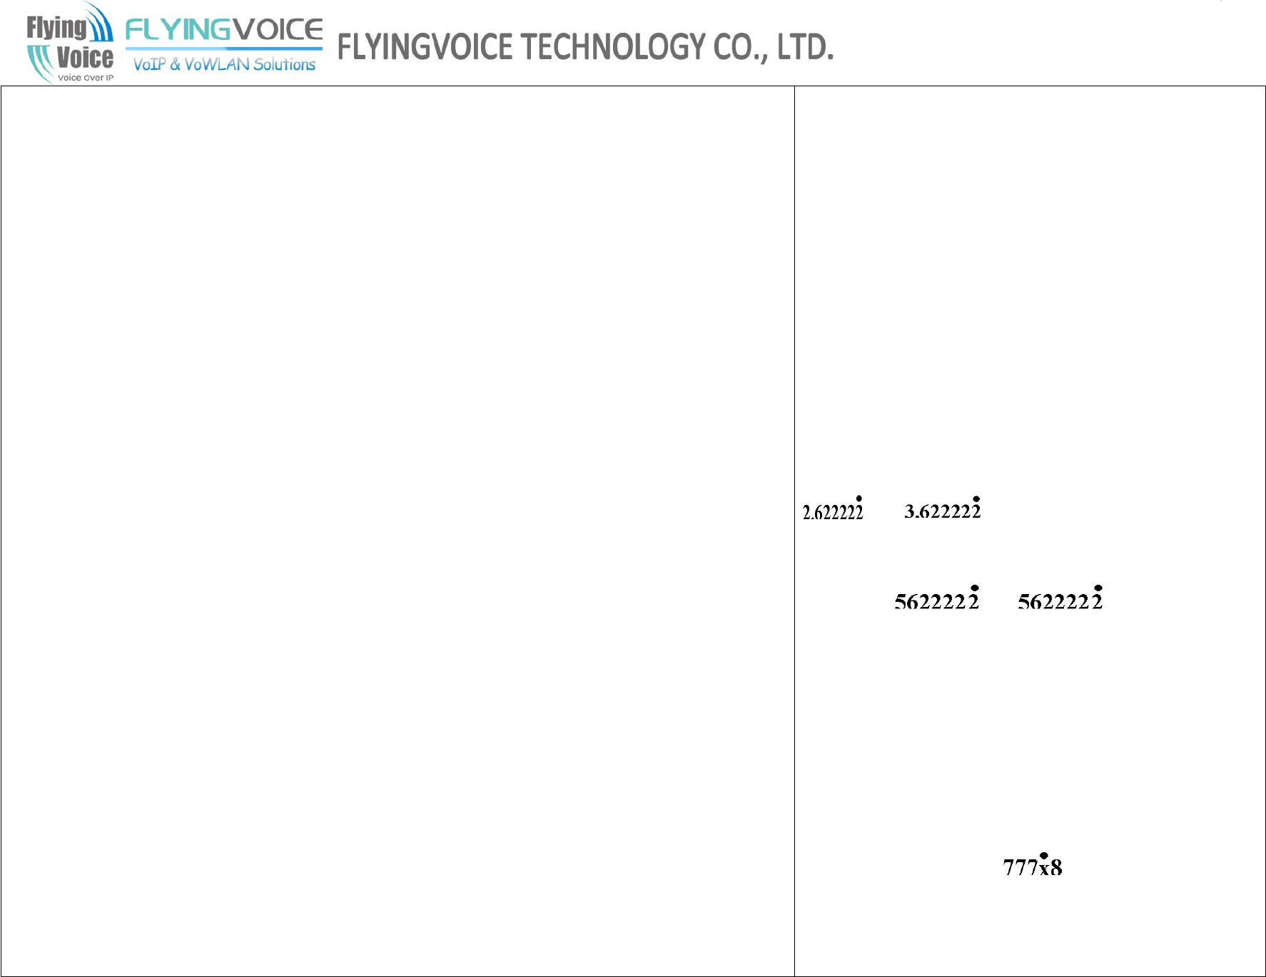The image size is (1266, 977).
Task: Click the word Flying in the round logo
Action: [x=56, y=28]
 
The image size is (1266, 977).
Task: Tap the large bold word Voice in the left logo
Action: [x=84, y=57]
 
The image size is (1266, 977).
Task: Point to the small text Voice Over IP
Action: [x=85, y=78]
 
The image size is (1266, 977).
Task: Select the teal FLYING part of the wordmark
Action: [x=178, y=30]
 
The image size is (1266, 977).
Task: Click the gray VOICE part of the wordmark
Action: [x=278, y=30]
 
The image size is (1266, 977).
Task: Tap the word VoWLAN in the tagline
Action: [x=217, y=64]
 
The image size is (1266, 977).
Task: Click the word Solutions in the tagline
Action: [x=284, y=64]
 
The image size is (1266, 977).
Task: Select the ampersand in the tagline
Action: [x=175, y=64]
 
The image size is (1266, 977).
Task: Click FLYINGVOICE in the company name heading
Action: [x=425, y=47]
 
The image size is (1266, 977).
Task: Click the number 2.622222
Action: [x=832, y=513]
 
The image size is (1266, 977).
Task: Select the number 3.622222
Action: [x=942, y=511]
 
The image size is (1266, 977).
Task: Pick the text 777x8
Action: [x=1032, y=868]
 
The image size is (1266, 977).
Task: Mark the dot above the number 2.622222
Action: [x=859, y=499]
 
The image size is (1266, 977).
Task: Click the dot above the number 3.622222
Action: [x=976, y=499]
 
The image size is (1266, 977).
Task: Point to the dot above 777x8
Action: [x=1043, y=856]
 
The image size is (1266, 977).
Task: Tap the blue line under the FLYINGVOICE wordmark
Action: [x=223, y=48]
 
